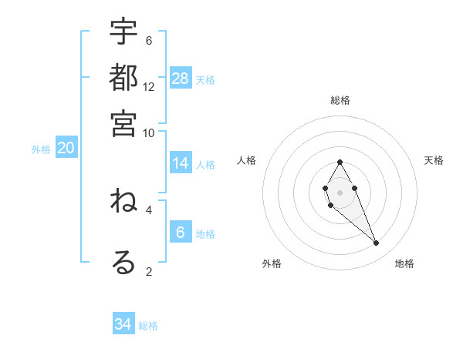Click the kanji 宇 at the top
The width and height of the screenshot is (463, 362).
click(x=123, y=32)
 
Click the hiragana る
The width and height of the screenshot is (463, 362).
click(x=123, y=262)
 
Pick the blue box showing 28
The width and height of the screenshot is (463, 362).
click(x=181, y=78)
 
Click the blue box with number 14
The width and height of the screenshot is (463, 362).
click(x=181, y=163)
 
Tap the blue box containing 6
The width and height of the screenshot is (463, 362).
click(x=181, y=233)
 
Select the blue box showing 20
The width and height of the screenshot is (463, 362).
click(x=66, y=149)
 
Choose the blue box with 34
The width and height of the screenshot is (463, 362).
click(x=123, y=324)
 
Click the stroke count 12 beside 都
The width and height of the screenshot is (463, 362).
click(x=149, y=87)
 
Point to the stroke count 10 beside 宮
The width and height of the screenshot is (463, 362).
click(x=149, y=132)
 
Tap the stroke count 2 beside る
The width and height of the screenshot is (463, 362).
click(x=149, y=270)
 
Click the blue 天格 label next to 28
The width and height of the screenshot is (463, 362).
click(x=205, y=79)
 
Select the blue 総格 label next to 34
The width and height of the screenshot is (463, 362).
click(x=148, y=326)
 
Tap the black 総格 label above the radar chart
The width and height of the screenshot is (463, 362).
click(x=340, y=100)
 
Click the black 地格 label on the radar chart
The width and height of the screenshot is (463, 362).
click(x=404, y=264)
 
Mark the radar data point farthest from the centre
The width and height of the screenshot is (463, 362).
click(x=377, y=243)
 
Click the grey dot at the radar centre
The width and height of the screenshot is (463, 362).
click(x=340, y=191)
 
